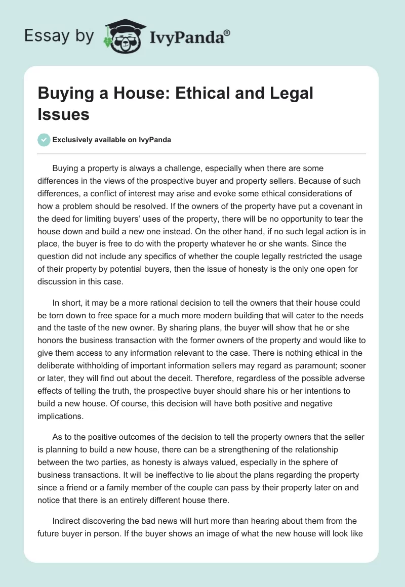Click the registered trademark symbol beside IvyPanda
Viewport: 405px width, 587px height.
tap(227, 33)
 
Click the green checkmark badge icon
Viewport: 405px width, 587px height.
tap(44, 140)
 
